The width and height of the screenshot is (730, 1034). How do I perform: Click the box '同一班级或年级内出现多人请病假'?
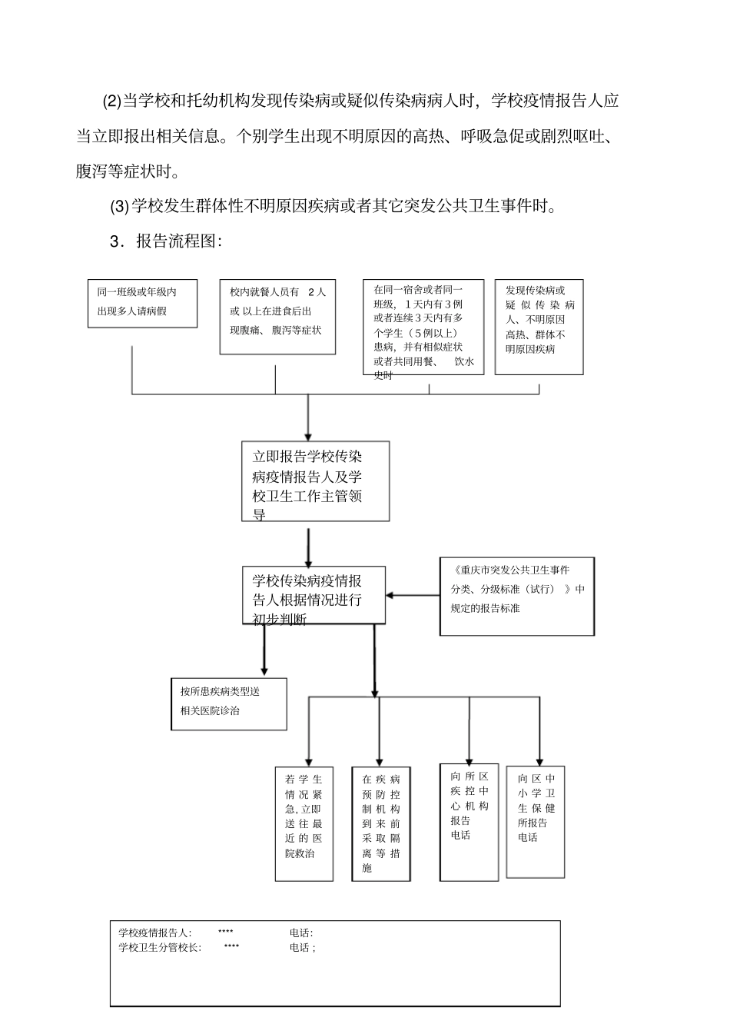pyautogui.click(x=142, y=303)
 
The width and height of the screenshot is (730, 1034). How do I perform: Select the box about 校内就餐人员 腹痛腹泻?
pyautogui.click(x=277, y=316)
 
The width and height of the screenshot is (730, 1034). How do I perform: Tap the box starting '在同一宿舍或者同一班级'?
pyautogui.click(x=423, y=327)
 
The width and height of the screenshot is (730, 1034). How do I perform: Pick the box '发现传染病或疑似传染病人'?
pyautogui.click(x=539, y=327)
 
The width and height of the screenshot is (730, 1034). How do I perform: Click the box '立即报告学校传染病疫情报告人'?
pyautogui.click(x=315, y=480)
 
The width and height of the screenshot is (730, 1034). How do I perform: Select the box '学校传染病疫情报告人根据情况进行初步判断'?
pyautogui.click(x=314, y=595)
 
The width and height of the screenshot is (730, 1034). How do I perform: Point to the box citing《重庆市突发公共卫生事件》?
pyautogui.click(x=516, y=597)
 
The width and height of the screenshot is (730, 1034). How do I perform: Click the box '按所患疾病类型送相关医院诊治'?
pyautogui.click(x=228, y=703)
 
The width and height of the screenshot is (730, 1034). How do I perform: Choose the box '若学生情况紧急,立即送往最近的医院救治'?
pyautogui.click(x=304, y=823)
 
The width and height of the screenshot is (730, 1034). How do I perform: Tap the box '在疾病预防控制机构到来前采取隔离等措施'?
pyautogui.click(x=381, y=823)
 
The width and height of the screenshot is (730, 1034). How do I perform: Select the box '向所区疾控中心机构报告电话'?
pyautogui.click(x=470, y=821)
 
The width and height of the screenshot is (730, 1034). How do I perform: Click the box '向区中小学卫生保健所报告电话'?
pyautogui.click(x=536, y=821)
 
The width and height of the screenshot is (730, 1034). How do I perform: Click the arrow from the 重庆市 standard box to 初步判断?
pyautogui.click(x=413, y=595)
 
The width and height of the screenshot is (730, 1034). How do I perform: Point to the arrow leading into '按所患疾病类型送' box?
pyautogui.click(x=264, y=650)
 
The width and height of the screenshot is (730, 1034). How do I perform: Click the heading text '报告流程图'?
pyautogui.click(x=178, y=241)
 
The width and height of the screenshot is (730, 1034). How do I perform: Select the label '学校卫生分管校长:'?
pyautogui.click(x=160, y=947)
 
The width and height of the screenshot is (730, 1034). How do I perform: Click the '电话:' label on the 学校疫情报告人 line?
pyautogui.click(x=301, y=933)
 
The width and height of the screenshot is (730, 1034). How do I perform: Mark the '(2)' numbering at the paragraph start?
pyautogui.click(x=112, y=101)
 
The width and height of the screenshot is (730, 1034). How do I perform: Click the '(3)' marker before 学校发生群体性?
pyautogui.click(x=120, y=206)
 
